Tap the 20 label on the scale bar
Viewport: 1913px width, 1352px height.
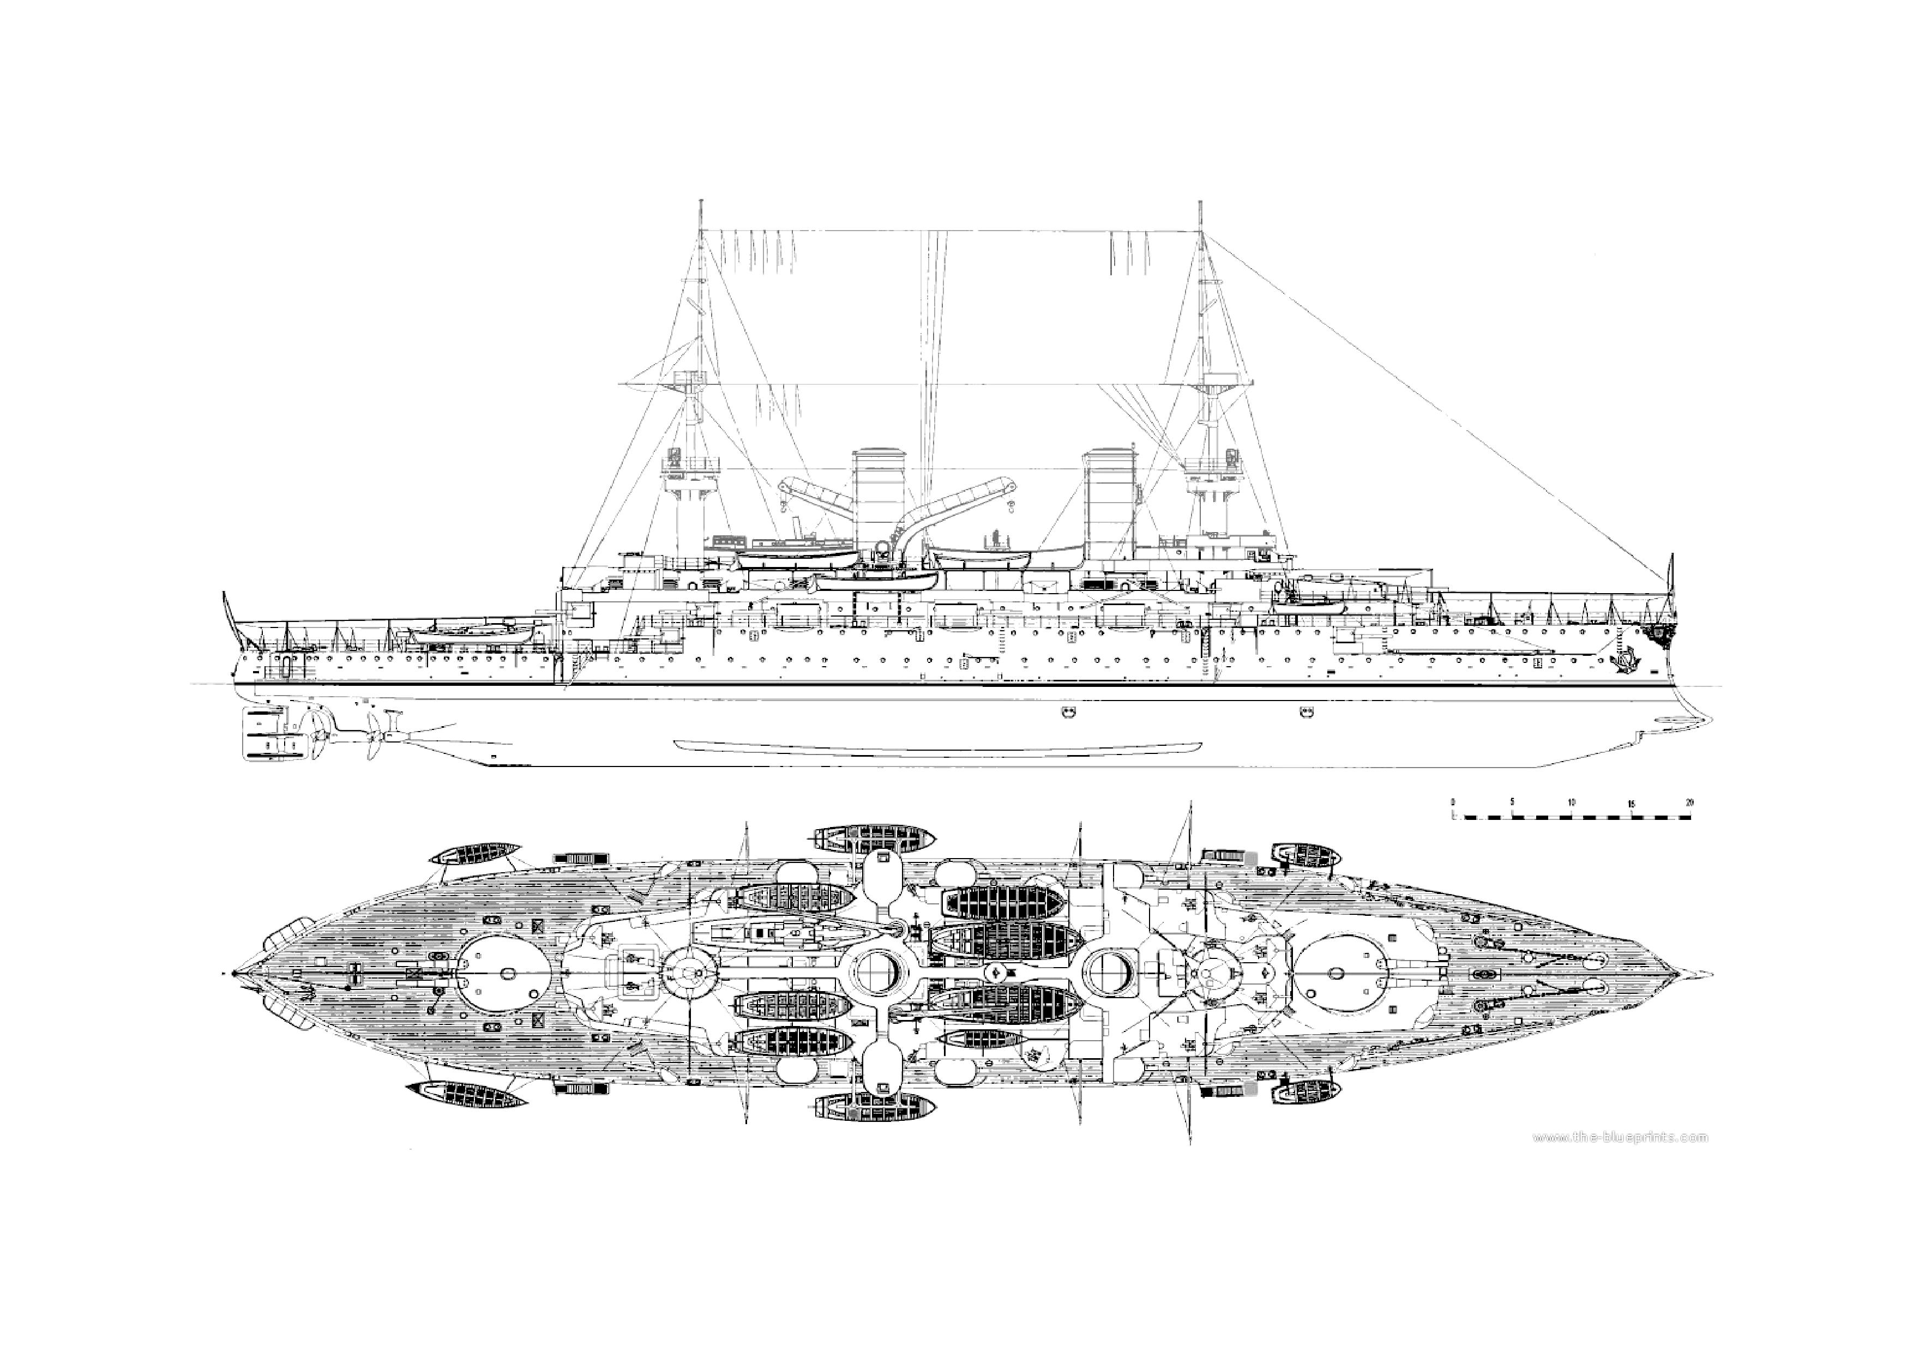coord(1689,802)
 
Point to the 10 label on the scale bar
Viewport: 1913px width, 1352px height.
coord(1572,802)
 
